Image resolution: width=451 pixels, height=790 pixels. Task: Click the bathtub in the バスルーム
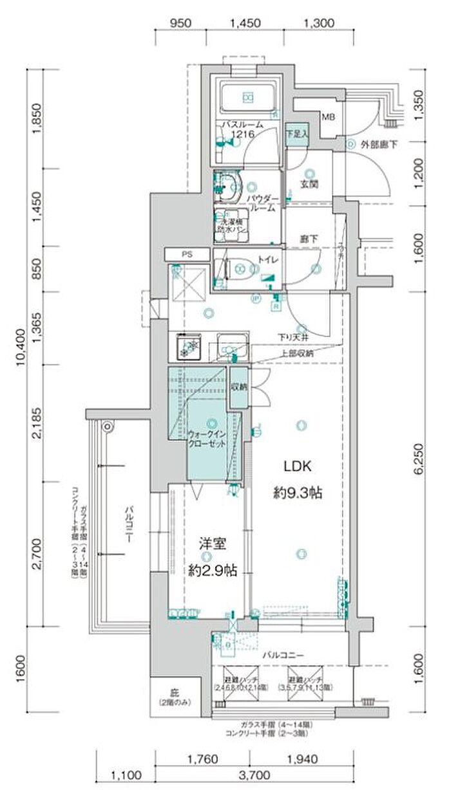pos(247,98)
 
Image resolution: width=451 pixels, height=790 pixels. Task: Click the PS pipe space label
pos(187,255)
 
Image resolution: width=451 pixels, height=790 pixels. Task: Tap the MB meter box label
pos(328,117)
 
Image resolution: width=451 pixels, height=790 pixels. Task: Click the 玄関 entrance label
pos(311,184)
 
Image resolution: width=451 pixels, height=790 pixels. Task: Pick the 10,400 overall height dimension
pos(21,347)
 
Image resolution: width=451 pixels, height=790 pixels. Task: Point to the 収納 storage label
pos(238,387)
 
